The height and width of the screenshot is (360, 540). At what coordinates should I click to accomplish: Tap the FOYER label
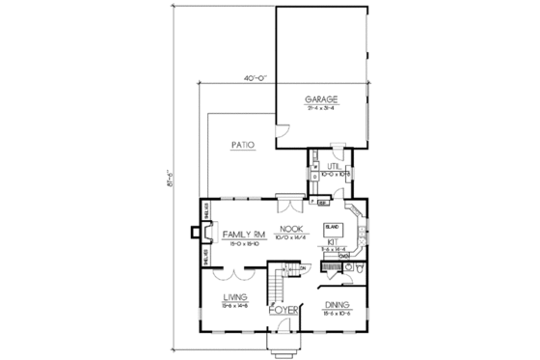[x=281, y=310]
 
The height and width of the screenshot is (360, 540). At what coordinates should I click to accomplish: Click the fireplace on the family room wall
[x=199, y=232]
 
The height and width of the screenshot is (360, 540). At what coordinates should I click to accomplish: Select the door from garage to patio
[x=282, y=131]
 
